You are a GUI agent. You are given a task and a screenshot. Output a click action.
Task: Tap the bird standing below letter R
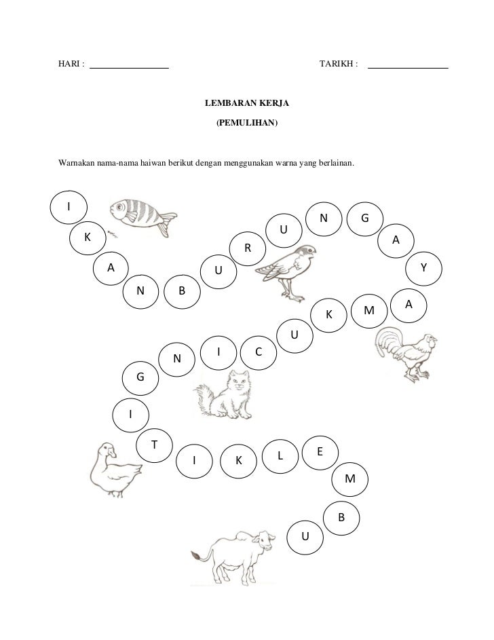[x=286, y=272]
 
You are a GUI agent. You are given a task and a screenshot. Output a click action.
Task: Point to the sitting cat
[x=223, y=395]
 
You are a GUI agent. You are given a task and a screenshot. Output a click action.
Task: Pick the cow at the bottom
[x=233, y=558]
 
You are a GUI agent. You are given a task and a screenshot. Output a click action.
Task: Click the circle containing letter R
[x=248, y=248]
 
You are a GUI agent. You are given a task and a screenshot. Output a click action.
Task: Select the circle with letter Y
[x=424, y=268]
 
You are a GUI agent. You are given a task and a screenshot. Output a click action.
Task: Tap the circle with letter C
[x=259, y=352]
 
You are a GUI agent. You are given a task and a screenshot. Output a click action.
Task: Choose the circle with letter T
[x=154, y=445]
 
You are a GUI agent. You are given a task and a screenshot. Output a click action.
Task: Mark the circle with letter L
[x=280, y=456]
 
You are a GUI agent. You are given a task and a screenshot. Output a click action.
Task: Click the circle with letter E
[x=320, y=452]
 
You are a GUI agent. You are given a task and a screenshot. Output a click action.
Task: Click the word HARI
[x=69, y=64]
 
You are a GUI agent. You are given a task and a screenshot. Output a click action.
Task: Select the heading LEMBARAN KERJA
[x=247, y=103]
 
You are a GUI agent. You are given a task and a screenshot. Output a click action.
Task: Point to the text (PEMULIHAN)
[x=247, y=122]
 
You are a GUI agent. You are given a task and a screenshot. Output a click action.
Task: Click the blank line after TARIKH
[x=408, y=68]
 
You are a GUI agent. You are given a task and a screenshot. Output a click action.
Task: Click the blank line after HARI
[x=130, y=68]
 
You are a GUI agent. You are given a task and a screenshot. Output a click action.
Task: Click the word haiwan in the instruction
[x=153, y=164]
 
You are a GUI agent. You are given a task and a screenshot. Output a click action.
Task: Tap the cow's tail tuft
[x=196, y=555]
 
